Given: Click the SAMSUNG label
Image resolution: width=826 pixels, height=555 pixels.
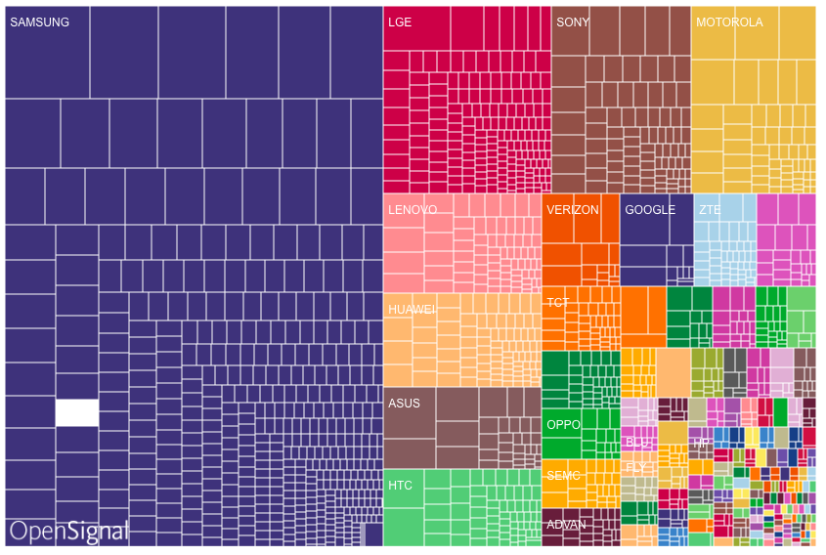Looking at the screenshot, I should tap(39, 22).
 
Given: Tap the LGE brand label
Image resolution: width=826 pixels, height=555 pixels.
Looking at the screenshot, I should tap(399, 22).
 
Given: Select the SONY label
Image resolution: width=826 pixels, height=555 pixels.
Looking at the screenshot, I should tap(573, 22).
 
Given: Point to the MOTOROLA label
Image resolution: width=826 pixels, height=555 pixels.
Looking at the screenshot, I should tap(729, 22).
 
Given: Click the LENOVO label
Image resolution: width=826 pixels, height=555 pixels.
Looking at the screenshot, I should tap(412, 210).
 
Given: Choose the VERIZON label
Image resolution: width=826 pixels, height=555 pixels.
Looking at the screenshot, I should tap(573, 210).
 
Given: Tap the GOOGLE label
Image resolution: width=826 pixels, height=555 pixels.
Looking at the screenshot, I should tap(650, 210).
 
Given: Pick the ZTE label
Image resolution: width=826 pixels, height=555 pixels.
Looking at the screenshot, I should tap(710, 210).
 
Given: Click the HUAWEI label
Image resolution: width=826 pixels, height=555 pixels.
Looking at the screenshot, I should tap(411, 310).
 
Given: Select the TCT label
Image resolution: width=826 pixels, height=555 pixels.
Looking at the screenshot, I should tap(557, 303).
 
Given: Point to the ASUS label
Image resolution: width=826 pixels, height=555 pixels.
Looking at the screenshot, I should tap(404, 403).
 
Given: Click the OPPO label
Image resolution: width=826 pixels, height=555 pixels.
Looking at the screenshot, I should tap(563, 425).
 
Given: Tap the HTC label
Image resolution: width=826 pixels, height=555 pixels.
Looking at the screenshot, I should tap(400, 486).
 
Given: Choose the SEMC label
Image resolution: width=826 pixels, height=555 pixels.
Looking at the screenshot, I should tap(563, 476).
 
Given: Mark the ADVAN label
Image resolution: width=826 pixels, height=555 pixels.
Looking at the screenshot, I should tap(567, 525).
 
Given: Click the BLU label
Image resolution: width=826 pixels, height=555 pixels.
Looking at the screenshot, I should tap(636, 442).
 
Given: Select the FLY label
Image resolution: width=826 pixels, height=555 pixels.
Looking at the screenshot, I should tap(634, 468).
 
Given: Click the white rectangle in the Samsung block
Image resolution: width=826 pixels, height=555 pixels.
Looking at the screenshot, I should tap(77, 413).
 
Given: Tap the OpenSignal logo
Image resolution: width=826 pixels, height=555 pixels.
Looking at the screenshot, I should tap(68, 532).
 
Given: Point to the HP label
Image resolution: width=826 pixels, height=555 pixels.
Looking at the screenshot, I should tap(700, 443).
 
